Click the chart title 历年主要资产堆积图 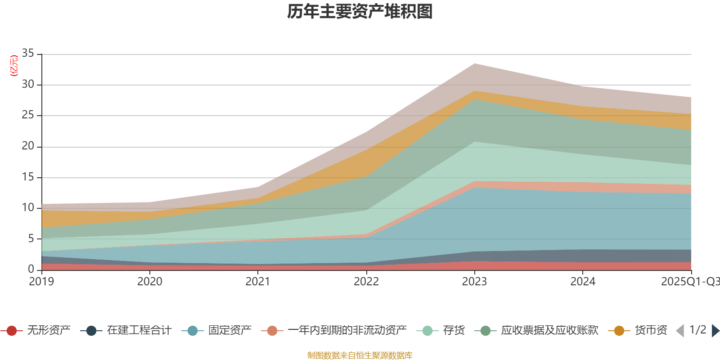point(360,12)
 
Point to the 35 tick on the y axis point(28,54)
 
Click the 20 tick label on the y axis point(28,146)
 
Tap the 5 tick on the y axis point(31,238)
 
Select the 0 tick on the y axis point(31,269)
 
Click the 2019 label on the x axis point(41,282)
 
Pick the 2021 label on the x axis point(257,282)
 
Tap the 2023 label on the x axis point(474,282)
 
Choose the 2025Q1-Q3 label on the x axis point(689,282)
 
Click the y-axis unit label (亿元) point(14,66)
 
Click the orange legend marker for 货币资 point(619,331)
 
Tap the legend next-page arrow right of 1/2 point(715,331)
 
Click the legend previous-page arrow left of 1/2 point(680,331)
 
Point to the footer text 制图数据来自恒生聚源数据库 point(360,355)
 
